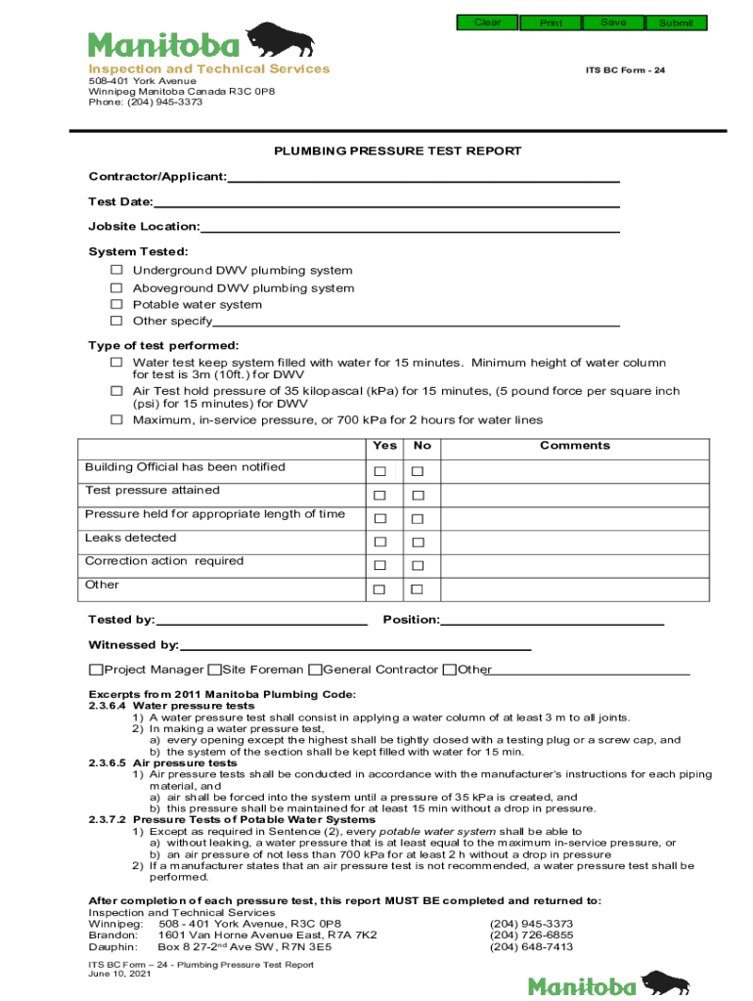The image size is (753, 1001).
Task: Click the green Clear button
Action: (x=487, y=22)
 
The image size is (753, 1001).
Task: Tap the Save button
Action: (x=613, y=22)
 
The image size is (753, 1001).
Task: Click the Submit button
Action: (x=676, y=22)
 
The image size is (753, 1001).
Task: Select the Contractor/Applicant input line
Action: (x=423, y=177)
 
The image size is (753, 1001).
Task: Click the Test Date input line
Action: (x=386, y=202)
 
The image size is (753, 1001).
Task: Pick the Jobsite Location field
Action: (x=410, y=227)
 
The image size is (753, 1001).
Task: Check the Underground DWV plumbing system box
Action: (x=116, y=270)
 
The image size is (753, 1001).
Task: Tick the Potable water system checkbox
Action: (x=116, y=304)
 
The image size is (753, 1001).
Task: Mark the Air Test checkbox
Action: (x=116, y=391)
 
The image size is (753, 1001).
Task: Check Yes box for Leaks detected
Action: (x=379, y=543)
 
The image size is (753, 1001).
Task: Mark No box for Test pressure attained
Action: (x=418, y=496)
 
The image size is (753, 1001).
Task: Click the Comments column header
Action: (x=574, y=446)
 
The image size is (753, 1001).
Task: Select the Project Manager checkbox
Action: (x=96, y=670)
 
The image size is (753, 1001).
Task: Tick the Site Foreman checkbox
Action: (x=214, y=670)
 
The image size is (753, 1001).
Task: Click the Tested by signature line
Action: (x=261, y=620)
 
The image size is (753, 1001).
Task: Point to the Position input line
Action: (x=552, y=620)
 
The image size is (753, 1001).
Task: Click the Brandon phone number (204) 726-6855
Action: (x=531, y=936)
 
